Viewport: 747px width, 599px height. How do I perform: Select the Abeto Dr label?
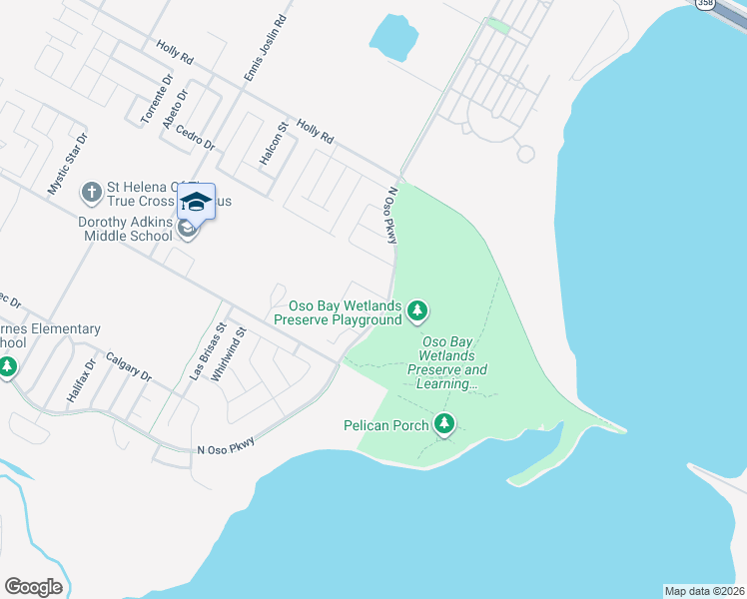[179, 101]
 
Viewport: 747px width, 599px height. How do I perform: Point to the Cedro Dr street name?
[195, 136]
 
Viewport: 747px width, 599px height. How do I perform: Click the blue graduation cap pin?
[196, 202]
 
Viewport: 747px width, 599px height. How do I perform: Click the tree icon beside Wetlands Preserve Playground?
[418, 312]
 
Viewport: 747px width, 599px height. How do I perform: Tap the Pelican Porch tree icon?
[444, 424]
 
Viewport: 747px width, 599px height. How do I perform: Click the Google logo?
[33, 587]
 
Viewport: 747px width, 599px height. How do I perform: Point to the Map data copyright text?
[704, 591]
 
